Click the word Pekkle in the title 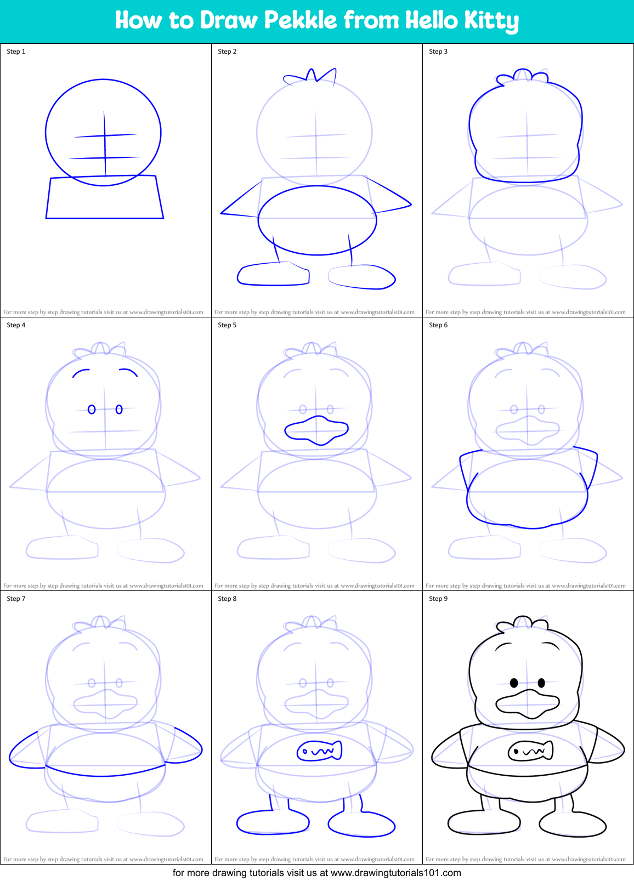point(300,20)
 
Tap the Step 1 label point(16,52)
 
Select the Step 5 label point(227,325)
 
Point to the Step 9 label point(438,599)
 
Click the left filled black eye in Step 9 point(514,683)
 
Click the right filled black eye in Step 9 point(541,683)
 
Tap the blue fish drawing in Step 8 point(319,751)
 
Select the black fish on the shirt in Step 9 point(530,751)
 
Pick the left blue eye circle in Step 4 point(92,410)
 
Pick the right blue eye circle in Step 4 point(119,410)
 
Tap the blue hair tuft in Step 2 point(310,76)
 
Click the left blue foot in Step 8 point(273,823)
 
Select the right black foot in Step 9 point(573,825)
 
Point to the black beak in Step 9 point(528,704)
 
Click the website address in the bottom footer point(395,873)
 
